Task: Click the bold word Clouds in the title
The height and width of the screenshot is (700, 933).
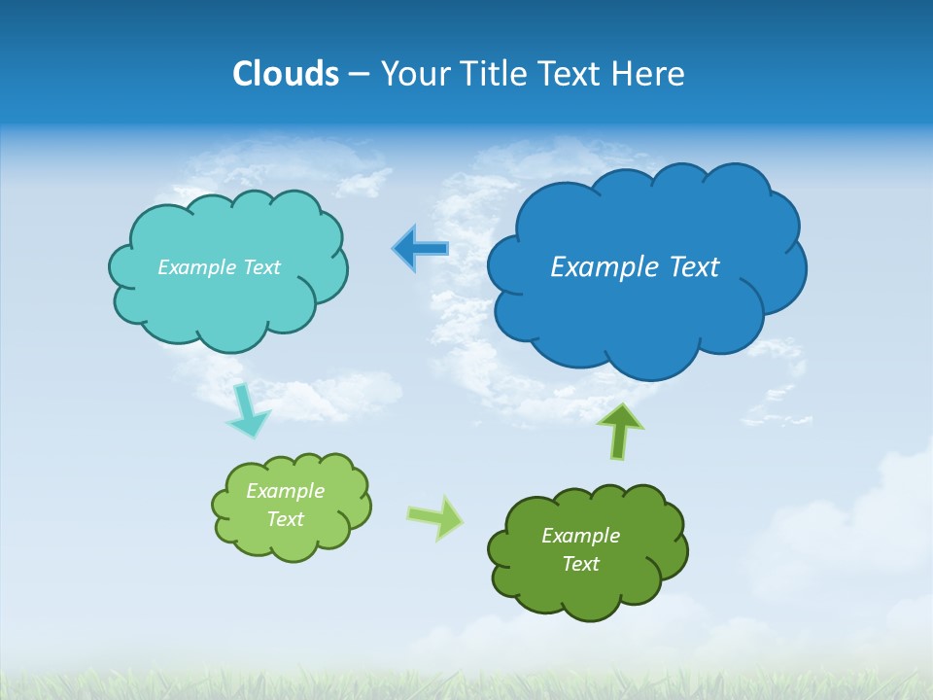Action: (285, 74)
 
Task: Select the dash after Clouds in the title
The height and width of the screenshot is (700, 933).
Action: (359, 75)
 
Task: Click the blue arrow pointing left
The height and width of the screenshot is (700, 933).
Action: (421, 249)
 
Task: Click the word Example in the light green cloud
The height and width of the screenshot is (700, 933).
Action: (285, 491)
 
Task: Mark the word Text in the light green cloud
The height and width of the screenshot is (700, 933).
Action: (285, 519)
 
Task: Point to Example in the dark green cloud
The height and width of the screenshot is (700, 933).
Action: (580, 536)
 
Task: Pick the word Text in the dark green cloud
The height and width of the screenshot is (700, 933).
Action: (580, 564)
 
